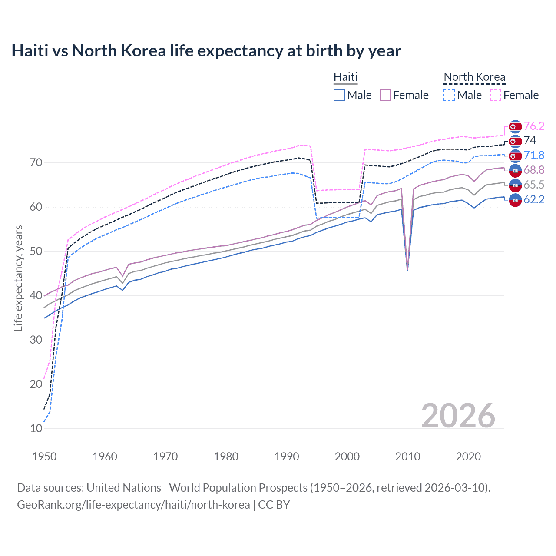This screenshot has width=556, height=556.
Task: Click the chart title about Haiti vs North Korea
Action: [206, 51]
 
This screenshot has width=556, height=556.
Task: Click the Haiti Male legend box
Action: [339, 95]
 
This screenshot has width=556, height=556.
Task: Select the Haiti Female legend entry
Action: [404, 95]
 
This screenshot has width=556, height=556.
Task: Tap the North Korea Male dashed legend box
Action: [449, 95]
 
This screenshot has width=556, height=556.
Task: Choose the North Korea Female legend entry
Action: [514, 95]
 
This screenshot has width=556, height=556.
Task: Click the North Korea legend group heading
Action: [474, 77]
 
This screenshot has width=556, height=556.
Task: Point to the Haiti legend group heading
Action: [345, 77]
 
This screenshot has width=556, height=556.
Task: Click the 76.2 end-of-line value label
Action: [534, 126]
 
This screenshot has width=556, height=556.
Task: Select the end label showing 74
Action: [530, 141]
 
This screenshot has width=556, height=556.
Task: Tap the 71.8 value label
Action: [534, 156]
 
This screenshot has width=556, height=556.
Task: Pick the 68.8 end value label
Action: [534, 170]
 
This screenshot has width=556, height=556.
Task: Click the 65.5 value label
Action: [534, 185]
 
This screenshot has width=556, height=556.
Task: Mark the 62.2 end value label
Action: [534, 200]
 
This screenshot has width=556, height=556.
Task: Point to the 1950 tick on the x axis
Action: [44, 457]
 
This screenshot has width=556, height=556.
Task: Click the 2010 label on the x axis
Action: [407, 457]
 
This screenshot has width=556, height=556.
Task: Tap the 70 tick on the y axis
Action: [36, 163]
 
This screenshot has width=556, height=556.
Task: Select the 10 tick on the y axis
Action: [36, 428]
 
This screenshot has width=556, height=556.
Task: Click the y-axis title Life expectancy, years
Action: [18, 278]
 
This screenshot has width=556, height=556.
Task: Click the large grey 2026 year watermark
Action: [458, 416]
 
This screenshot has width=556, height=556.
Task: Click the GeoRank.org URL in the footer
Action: [133, 505]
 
